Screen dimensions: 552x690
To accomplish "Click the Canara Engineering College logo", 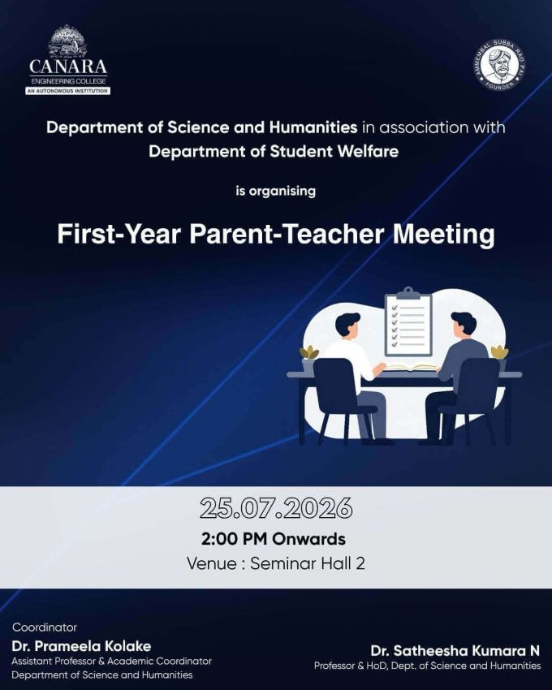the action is coord(68,60).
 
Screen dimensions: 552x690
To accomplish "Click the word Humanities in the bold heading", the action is coord(313,127).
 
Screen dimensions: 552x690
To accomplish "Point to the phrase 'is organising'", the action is coord(275,191).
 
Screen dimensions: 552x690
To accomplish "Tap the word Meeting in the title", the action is coord(444,235).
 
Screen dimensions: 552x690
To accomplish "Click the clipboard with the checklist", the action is coord(408,322).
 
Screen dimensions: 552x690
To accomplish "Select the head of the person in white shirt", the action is coord(347,326).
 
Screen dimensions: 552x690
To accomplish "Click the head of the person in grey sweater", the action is coord(464,325).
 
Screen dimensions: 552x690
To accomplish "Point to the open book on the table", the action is coord(412,368).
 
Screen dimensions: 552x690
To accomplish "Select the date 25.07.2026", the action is coord(276,508).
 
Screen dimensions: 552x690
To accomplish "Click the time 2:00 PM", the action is coord(235,539).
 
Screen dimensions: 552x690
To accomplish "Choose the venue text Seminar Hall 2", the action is coord(308,563).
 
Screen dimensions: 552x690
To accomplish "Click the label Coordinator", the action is coord(45,627).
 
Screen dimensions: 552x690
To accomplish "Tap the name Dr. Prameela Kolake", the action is coord(81,646).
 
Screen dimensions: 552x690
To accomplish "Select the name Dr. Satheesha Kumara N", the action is coord(455,650).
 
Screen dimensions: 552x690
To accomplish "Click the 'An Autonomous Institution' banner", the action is coord(68,91).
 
